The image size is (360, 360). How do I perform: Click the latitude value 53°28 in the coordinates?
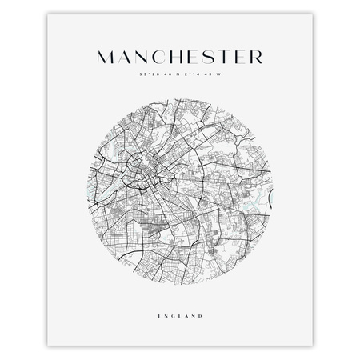coord(148,77)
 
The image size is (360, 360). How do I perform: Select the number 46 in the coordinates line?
coord(166,77)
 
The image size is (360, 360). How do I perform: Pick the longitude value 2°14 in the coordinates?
coord(190,77)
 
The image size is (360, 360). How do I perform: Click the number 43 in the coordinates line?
coord(207,77)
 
